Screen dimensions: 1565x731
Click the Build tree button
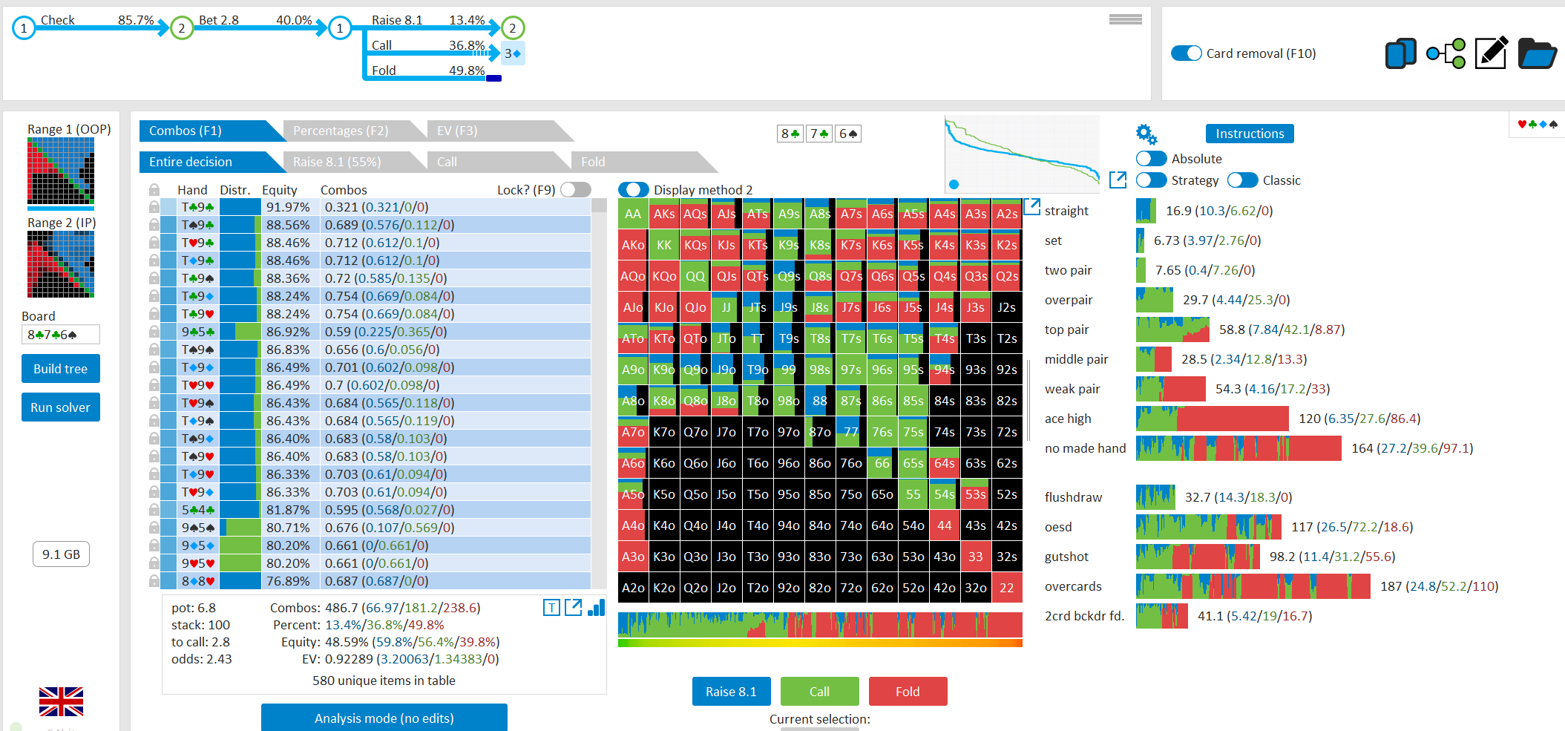[x=61, y=369]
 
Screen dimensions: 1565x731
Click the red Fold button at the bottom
[x=908, y=692]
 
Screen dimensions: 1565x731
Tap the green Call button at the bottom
[x=819, y=692]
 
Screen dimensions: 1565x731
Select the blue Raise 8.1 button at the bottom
[x=731, y=692]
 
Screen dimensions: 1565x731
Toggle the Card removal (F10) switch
[x=1186, y=53]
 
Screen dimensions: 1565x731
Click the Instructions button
[x=1250, y=134]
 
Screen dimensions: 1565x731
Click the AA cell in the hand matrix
[x=633, y=214]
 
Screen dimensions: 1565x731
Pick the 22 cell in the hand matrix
[x=1007, y=588]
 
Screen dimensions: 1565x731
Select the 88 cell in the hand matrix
[x=820, y=401]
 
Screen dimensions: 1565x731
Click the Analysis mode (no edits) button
[x=384, y=718]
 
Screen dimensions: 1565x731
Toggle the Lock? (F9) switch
[x=576, y=190]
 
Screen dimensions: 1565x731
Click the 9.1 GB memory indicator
[x=61, y=554]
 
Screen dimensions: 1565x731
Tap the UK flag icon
[x=61, y=701]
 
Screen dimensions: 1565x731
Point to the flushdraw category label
[x=1073, y=497]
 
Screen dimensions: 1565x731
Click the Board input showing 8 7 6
[x=61, y=335]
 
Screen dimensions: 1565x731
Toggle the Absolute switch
[x=1151, y=159]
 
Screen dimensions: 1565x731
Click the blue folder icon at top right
[x=1537, y=53]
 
